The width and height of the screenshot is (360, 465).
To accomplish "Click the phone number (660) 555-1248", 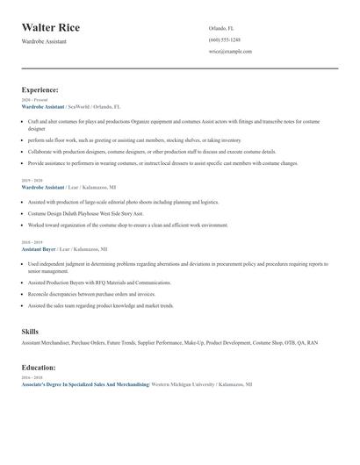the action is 225,39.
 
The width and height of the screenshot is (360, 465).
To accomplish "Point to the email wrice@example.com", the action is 230,52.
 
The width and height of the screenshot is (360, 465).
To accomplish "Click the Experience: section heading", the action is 40,89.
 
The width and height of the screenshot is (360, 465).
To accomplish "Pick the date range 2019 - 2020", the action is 32,180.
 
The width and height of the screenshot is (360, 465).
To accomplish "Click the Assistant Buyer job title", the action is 39,249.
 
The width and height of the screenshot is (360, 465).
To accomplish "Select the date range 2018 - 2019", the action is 32,242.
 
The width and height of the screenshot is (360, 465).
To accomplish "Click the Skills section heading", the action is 30,332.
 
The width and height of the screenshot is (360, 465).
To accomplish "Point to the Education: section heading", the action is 39,368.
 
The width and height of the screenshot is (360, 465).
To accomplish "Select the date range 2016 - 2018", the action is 32,378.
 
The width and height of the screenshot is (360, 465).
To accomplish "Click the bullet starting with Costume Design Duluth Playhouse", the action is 85,213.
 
